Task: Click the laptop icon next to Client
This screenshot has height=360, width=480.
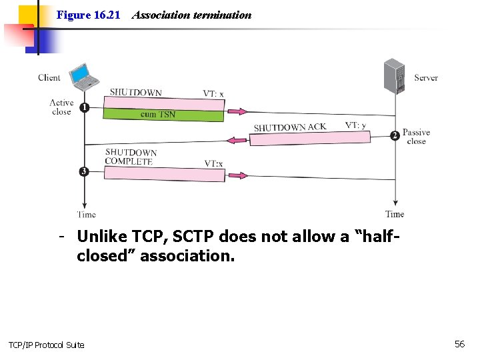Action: click(x=84, y=77)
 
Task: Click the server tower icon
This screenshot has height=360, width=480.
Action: click(x=394, y=76)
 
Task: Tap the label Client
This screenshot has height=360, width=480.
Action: click(x=49, y=77)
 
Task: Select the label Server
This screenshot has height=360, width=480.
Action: click(x=426, y=77)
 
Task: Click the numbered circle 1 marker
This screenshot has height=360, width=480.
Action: click(x=84, y=107)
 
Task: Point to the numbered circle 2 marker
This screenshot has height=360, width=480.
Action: click(x=395, y=135)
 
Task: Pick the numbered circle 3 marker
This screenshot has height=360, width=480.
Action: click(x=84, y=171)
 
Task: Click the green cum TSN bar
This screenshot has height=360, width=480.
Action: click(x=163, y=115)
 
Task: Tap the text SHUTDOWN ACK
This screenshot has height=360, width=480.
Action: click(x=290, y=127)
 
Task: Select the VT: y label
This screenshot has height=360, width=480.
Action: click(x=355, y=125)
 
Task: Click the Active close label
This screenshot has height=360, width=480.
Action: click(x=61, y=107)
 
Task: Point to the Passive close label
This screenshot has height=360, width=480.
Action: click(x=417, y=137)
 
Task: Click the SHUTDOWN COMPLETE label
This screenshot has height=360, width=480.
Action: click(x=131, y=157)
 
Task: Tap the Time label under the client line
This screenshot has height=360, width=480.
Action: click(x=86, y=215)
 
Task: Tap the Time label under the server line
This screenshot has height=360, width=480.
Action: click(x=395, y=214)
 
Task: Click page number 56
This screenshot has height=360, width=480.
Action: click(x=459, y=344)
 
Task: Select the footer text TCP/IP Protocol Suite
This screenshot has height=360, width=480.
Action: click(x=46, y=345)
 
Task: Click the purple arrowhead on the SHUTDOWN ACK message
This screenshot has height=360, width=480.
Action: click(x=234, y=141)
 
